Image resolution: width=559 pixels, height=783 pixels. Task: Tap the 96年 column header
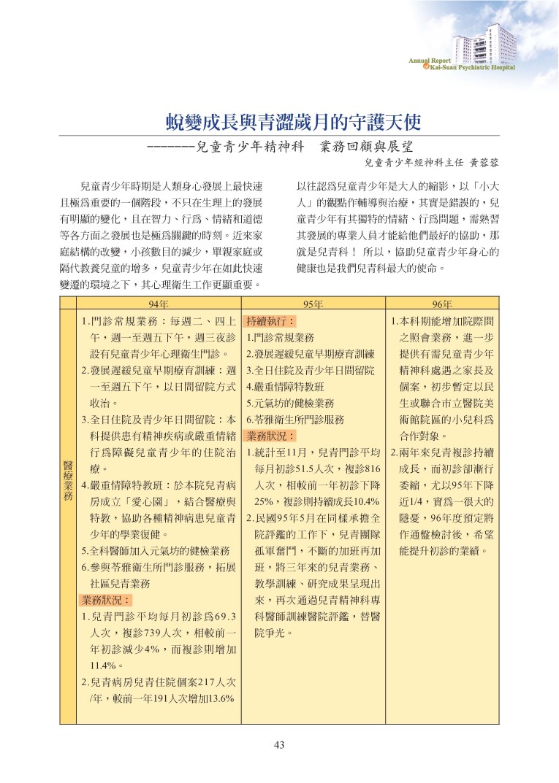(442, 304)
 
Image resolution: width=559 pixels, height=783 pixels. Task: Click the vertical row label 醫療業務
(68, 479)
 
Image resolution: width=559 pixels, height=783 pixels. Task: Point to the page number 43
(278, 745)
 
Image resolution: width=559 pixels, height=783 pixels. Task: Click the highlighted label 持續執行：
(270, 321)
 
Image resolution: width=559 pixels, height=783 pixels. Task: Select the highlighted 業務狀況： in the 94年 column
(106, 601)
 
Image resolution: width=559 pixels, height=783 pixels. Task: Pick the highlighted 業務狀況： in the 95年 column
(270, 436)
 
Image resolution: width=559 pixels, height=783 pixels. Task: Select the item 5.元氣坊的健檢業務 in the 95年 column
(290, 403)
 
